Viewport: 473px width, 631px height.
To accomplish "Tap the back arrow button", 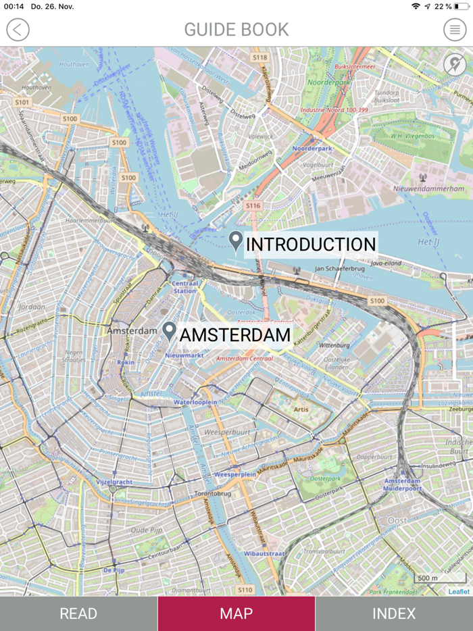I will point(18,30).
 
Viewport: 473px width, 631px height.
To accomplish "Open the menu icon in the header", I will point(455,30).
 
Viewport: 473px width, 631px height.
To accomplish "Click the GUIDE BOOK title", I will point(236,30).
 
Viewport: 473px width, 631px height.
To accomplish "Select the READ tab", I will point(78,613).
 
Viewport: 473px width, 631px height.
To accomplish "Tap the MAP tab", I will point(236,613).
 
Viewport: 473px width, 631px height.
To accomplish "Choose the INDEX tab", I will point(394,613).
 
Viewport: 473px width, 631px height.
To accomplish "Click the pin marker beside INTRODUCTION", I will point(235,241).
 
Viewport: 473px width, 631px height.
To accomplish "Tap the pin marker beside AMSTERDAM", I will point(169,331).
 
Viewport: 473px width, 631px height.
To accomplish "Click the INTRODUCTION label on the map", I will point(310,245).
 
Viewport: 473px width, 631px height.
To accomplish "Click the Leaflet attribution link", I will point(459,591).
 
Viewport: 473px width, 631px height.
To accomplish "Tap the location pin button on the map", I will point(454,65).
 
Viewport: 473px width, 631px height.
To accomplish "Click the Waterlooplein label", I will point(195,402).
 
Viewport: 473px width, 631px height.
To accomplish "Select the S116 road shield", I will point(253,205).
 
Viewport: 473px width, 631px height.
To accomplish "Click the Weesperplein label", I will point(234,474).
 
